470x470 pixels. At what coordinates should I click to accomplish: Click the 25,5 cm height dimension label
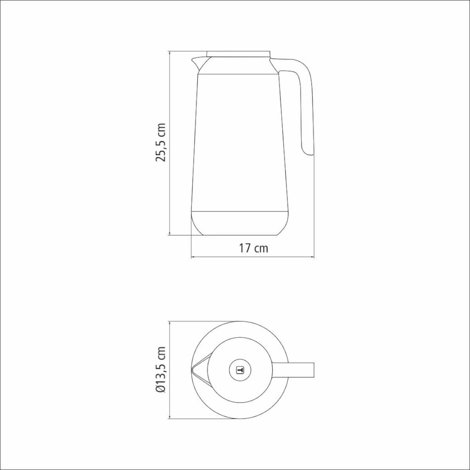click(161, 142)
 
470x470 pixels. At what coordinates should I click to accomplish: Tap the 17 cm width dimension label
click(253, 248)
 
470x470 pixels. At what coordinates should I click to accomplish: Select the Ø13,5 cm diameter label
click(161, 370)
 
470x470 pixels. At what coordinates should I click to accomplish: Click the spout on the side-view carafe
click(198, 63)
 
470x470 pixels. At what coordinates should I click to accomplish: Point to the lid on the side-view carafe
click(239, 54)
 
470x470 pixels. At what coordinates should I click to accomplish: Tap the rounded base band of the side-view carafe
click(240, 224)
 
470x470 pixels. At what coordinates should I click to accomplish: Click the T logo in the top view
click(240, 370)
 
